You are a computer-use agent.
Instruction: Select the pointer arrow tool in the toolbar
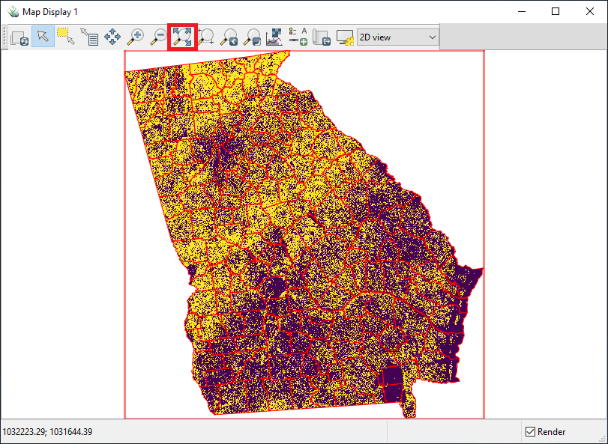tap(43, 36)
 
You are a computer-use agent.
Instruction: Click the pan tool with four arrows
tap(112, 36)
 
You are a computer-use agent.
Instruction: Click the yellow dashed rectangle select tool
tap(65, 36)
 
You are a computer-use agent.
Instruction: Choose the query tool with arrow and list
tap(89, 36)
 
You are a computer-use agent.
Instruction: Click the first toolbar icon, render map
tap(19, 36)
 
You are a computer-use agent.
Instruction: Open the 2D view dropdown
tap(397, 37)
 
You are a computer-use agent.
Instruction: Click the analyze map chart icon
tap(274, 36)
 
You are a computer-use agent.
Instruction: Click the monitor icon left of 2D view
tap(345, 36)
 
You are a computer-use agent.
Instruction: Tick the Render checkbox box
tap(530, 432)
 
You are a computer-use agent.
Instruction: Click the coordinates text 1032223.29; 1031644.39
tap(48, 432)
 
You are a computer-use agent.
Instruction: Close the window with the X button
tap(589, 11)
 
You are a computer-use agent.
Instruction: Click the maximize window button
tap(555, 11)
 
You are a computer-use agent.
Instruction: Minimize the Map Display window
tap(520, 11)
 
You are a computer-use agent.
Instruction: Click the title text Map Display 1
tap(49, 12)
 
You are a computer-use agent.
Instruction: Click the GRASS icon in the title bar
tap(12, 12)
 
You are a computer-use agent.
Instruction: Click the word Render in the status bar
tap(551, 432)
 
